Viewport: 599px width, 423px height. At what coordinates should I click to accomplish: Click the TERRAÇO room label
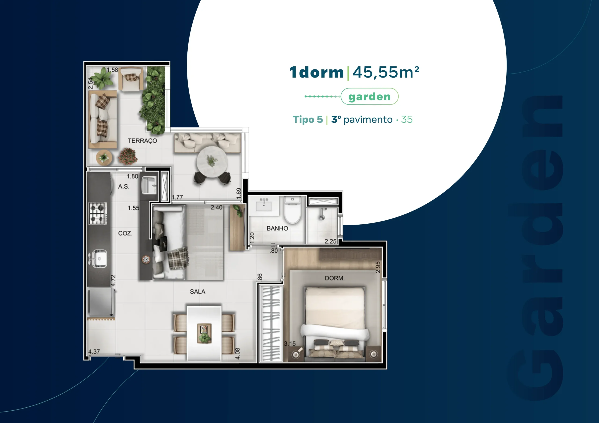tap(142, 141)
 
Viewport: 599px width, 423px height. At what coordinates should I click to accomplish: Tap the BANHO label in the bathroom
tap(277, 228)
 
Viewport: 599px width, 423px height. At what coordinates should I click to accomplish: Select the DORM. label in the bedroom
tap(335, 278)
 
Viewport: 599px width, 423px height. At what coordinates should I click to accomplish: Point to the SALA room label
tap(197, 292)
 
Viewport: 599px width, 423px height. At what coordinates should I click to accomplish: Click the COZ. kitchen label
tap(125, 233)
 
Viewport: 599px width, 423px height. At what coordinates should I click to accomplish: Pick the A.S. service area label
tap(124, 186)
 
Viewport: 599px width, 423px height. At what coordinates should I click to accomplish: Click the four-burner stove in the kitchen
tap(98, 213)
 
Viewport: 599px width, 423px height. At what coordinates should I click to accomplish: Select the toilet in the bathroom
tap(292, 210)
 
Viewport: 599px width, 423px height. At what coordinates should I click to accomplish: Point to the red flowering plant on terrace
tap(128, 156)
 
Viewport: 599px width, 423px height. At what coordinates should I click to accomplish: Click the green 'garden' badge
tap(369, 97)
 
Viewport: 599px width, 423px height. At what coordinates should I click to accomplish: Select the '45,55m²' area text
tap(386, 72)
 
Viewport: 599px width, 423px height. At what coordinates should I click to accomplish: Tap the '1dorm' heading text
tap(316, 72)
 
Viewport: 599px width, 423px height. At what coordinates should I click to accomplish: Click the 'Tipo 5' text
tap(308, 119)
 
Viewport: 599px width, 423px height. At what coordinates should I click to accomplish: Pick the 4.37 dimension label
tap(94, 351)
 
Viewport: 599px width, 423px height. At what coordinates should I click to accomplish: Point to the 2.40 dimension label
tap(216, 208)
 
